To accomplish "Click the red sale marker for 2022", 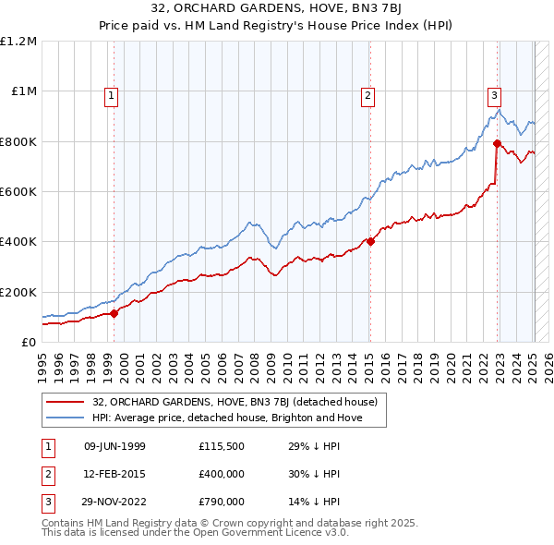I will click(497, 143).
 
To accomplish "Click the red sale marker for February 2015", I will click(369, 241).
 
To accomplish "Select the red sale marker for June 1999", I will click(114, 313).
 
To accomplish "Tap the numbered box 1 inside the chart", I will click(111, 93).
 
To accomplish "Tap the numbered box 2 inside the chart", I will click(367, 93).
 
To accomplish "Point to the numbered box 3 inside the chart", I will click(494, 93).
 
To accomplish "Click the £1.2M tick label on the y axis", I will click(18, 41).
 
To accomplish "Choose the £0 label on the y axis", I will click(28, 342).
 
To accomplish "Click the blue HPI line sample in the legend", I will click(66, 418).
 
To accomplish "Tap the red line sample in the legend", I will click(66, 402).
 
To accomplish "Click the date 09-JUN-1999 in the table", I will click(114, 446).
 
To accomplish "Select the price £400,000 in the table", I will click(221, 474).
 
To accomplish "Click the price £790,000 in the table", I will click(221, 502).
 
